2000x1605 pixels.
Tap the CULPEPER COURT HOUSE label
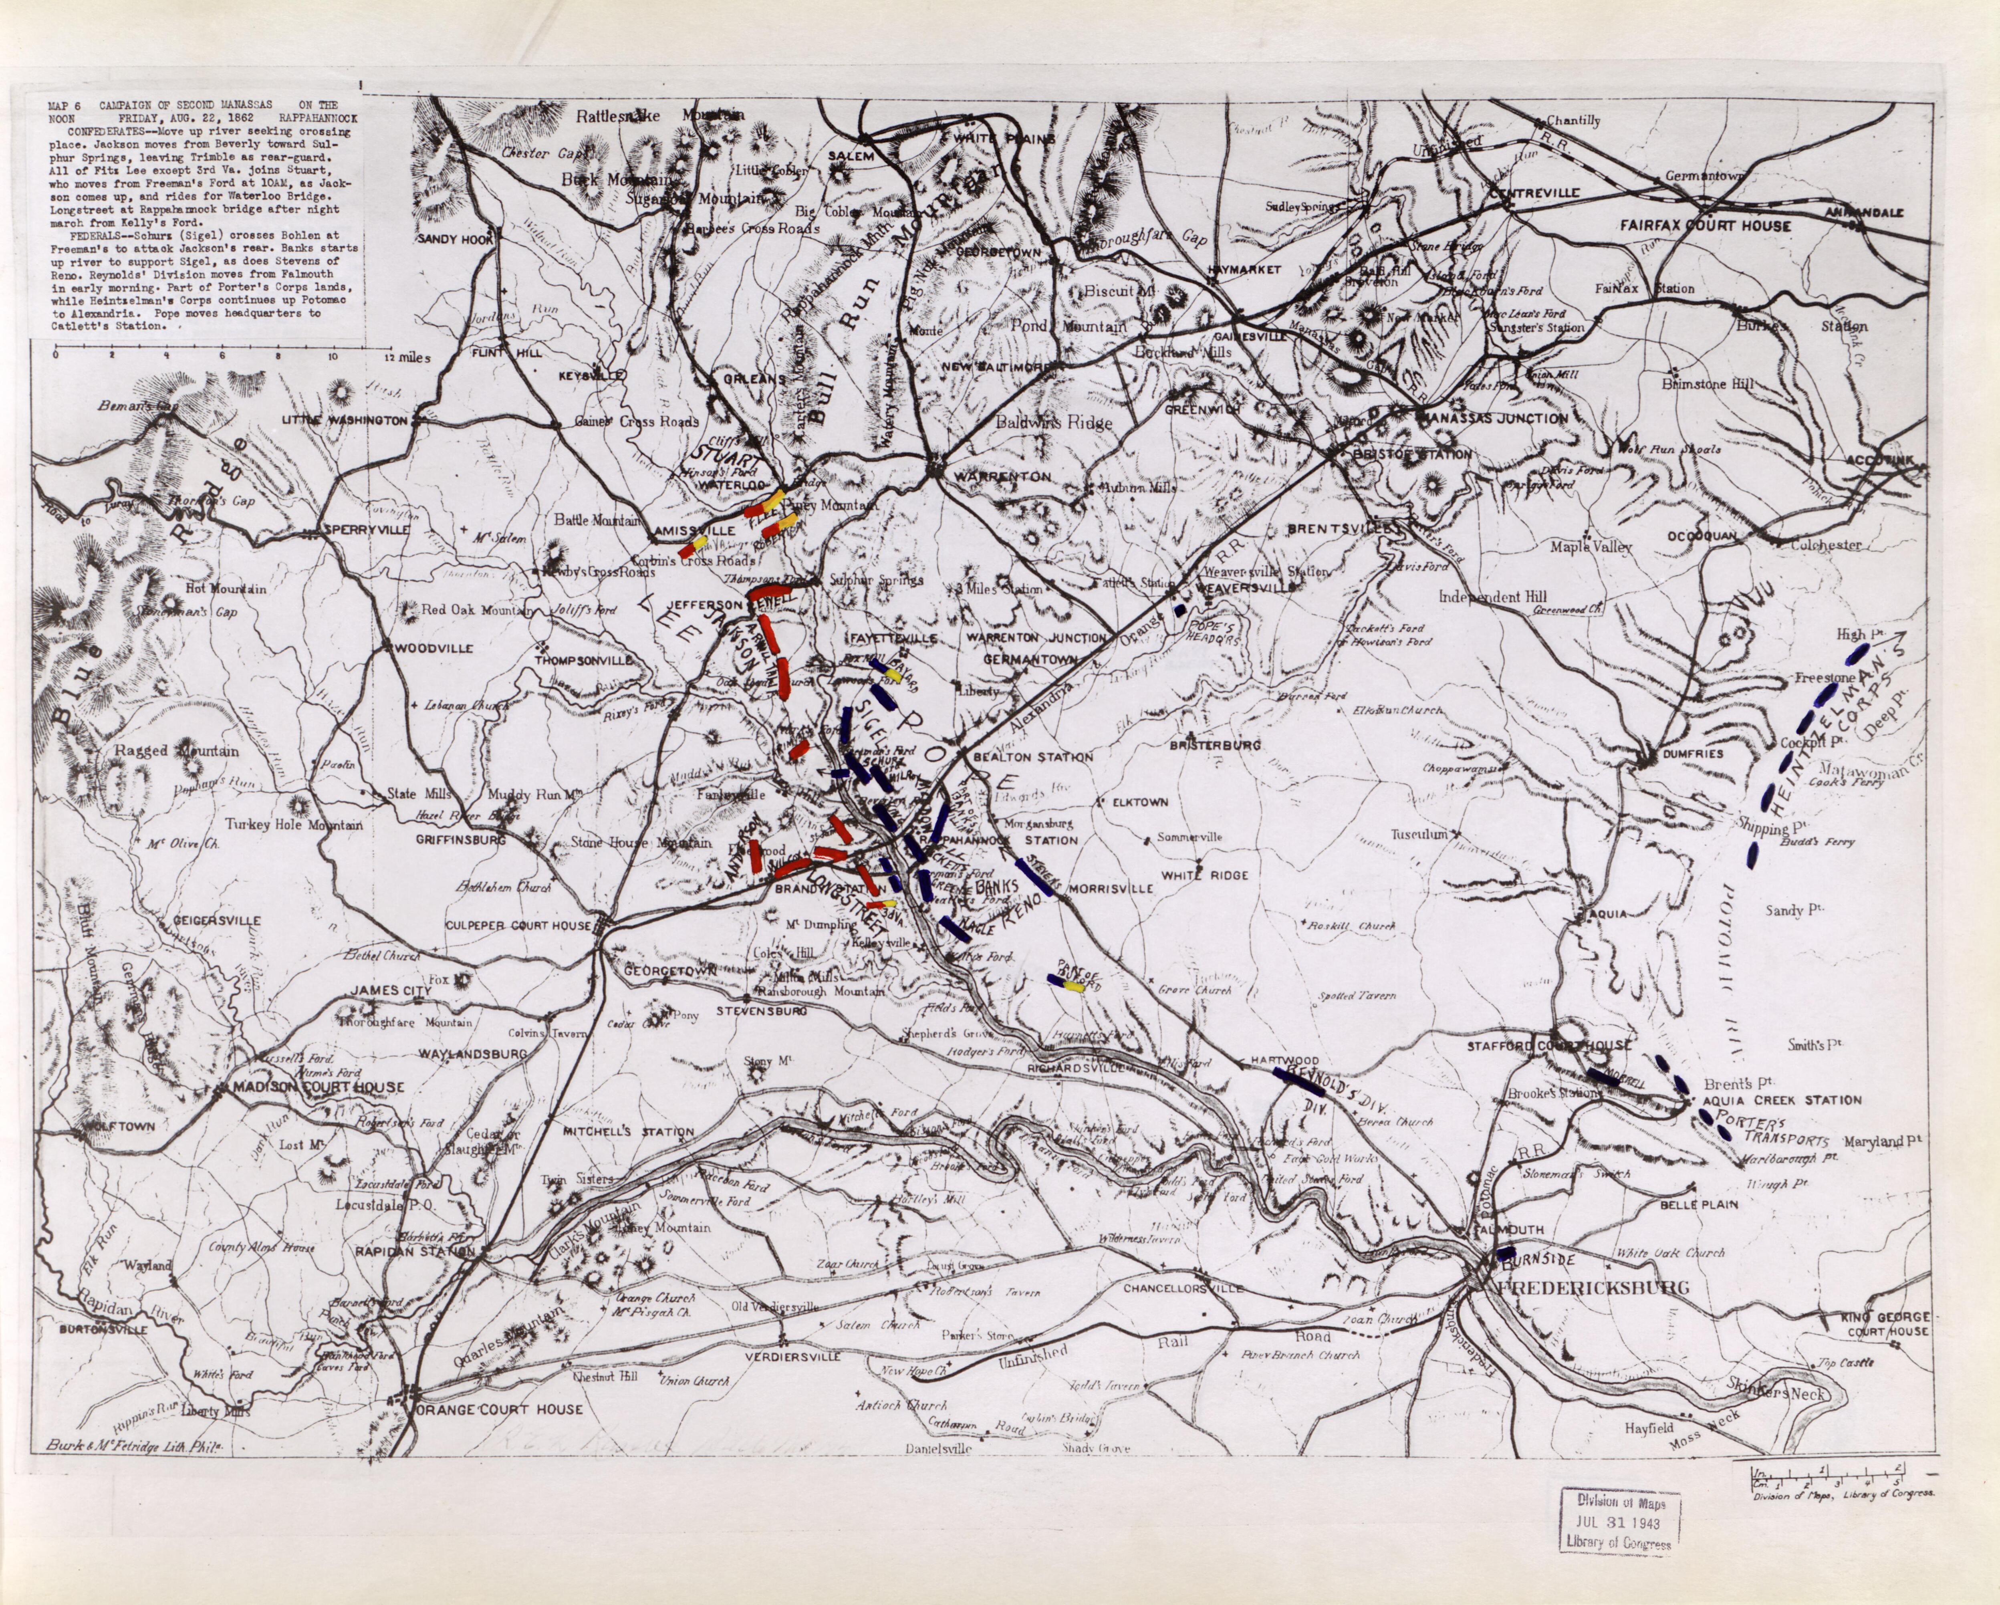point(518,925)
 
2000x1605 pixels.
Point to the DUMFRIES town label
point(1691,754)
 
